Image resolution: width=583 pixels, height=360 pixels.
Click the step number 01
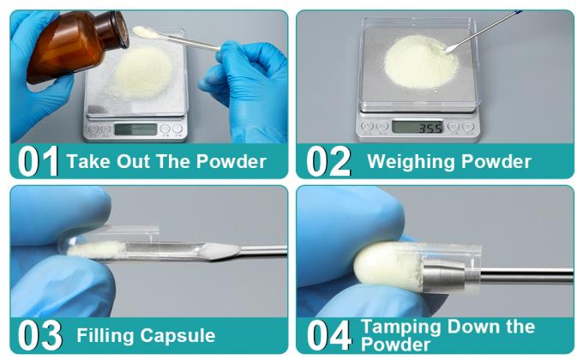tap(39, 161)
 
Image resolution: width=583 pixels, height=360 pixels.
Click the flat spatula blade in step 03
tap(225, 251)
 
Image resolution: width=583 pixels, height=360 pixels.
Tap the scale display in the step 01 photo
tap(135, 129)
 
